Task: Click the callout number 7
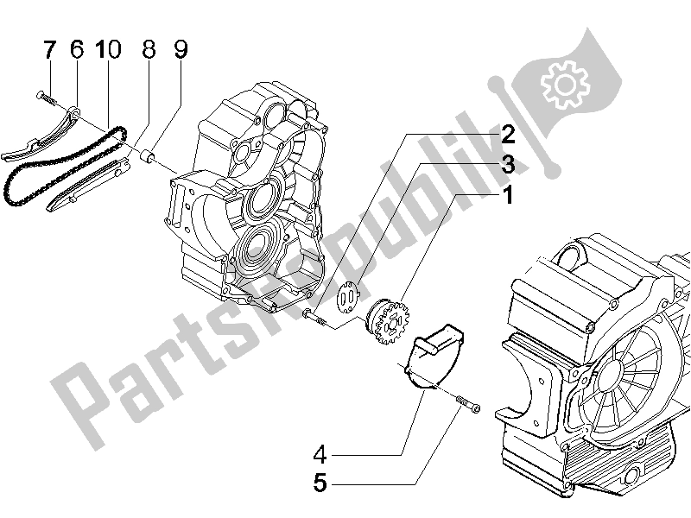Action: (x=48, y=52)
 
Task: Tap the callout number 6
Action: (x=76, y=52)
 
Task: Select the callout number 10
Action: (x=108, y=52)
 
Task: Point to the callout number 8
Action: (x=149, y=52)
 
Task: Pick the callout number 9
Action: (x=180, y=52)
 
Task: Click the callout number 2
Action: (x=507, y=134)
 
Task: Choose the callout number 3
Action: (x=507, y=164)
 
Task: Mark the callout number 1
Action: (x=507, y=197)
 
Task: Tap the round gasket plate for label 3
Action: (x=349, y=299)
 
